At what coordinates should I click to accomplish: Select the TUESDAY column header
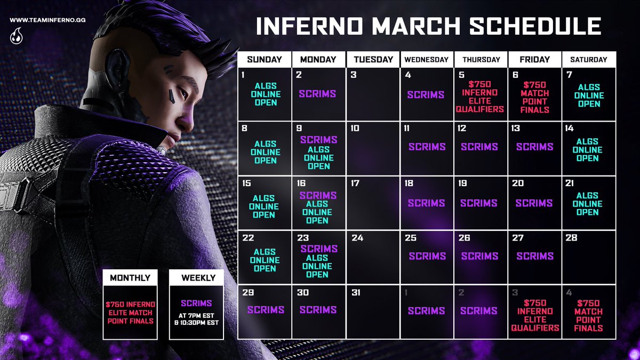373,60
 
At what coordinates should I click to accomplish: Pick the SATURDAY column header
589,60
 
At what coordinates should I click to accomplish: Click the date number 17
355,183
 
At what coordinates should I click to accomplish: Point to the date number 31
356,292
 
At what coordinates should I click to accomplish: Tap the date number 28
572,238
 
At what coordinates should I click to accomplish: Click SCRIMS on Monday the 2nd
318,94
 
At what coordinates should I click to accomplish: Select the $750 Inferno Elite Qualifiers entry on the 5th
480,97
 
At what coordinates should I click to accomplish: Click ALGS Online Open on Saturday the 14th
588,150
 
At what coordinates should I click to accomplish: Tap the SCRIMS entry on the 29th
265,310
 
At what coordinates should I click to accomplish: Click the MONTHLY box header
130,278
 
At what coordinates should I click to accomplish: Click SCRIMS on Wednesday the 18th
426,203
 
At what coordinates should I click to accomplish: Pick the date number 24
357,238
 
